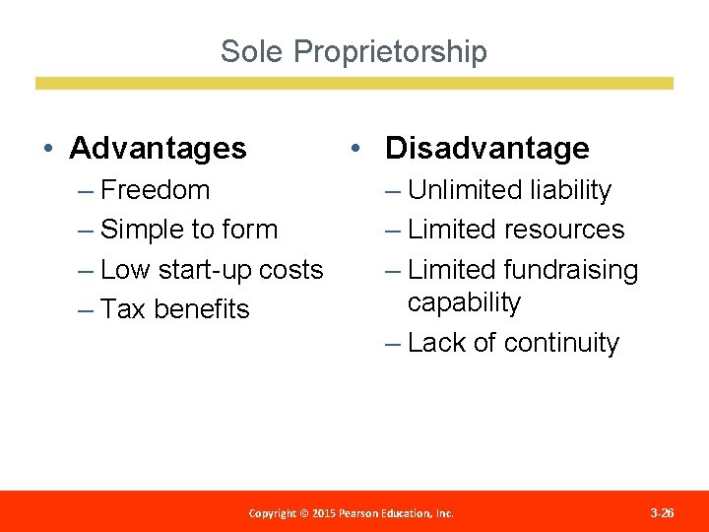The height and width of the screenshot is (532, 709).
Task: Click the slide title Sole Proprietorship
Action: pos(354,51)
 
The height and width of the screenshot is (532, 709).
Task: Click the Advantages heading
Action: pos(158,148)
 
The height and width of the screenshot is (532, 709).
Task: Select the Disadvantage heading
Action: pos(486,148)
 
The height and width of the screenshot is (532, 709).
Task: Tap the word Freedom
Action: pos(156,189)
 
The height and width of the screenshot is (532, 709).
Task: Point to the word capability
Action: pos(464,302)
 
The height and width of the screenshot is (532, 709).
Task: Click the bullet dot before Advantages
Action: pos(48,149)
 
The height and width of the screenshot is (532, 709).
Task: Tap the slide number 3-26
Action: pos(663,513)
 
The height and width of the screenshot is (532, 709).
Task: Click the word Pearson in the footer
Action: pos(353,513)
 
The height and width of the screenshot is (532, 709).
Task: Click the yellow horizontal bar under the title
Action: pos(354,84)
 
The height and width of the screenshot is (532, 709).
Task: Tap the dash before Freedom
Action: pos(88,190)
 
